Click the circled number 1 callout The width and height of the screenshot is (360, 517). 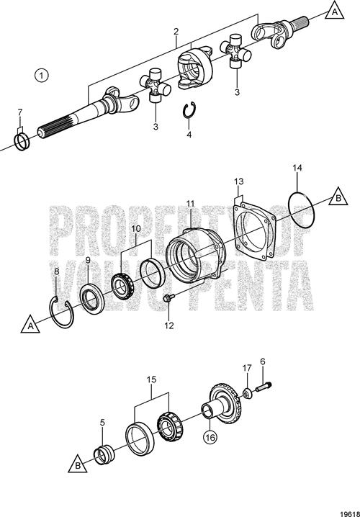click(42, 75)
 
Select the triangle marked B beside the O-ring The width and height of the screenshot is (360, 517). click(338, 197)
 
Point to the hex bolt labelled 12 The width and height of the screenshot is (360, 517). click(168, 298)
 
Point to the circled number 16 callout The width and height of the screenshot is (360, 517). click(210, 438)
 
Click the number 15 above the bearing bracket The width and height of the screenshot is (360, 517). click(152, 379)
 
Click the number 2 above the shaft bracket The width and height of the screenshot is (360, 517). click(176, 32)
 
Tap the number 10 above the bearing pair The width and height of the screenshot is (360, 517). click(136, 229)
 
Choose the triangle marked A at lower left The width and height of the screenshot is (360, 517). click(30, 325)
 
